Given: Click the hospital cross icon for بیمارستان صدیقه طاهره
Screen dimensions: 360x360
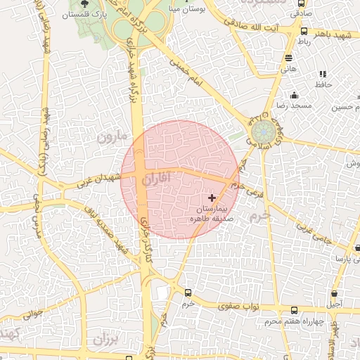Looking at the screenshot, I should tap(213, 198).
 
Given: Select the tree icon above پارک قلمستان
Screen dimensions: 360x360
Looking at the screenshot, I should tap(84, 4).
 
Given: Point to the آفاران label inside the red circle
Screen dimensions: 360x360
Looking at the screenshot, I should tap(155, 181).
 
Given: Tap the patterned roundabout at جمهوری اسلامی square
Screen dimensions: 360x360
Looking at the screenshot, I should tap(263, 131).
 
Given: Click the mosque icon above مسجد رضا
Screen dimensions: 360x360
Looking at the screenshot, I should tap(294, 96).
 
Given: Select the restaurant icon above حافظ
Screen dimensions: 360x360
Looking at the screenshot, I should tap(323, 74).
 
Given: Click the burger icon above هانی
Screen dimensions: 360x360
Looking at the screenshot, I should tap(288, 58).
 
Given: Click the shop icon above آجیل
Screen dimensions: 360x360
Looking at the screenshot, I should tap(334, 293).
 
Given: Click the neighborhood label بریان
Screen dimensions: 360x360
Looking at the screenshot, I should tap(103, 340).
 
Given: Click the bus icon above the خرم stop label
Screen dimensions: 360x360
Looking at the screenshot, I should tap(188, 292).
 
